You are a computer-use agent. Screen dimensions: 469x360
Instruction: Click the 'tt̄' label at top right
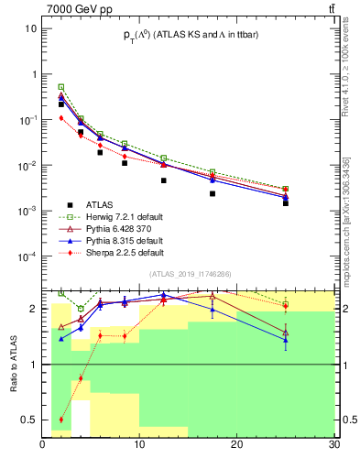pyautogui.click(x=331, y=8)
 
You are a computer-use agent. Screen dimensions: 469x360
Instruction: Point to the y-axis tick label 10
pyautogui.click(x=30, y=28)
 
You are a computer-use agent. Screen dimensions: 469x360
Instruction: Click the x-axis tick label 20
pyautogui.click(x=236, y=445)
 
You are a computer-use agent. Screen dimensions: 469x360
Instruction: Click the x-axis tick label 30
pyautogui.click(x=333, y=445)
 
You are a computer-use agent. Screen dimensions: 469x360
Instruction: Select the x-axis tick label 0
pyautogui.click(x=43, y=445)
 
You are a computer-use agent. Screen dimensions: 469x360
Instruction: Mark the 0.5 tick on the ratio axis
pyautogui.click(x=28, y=420)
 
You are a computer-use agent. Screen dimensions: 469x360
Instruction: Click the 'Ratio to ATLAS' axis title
pyautogui.click(x=14, y=364)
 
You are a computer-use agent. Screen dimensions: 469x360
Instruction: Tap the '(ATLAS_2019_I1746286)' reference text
pyautogui.click(x=190, y=274)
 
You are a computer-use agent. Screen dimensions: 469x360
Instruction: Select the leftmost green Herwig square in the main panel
pyautogui.click(x=61, y=86)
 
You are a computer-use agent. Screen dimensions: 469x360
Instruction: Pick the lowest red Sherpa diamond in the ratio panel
pyautogui.click(x=61, y=420)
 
